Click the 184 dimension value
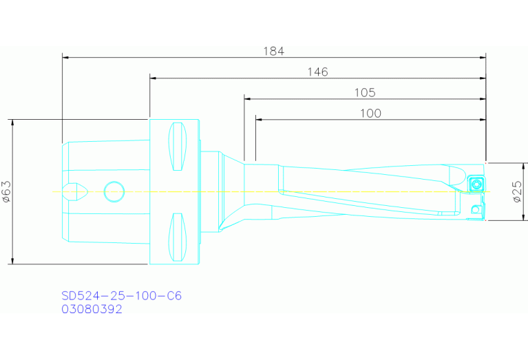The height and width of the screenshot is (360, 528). (273, 51)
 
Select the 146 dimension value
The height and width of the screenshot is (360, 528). (317, 72)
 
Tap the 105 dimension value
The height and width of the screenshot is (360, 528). (364, 92)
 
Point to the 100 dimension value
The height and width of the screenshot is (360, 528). (370, 113)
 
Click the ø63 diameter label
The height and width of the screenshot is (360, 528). (6, 191)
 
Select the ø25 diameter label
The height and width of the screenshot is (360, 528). (517, 192)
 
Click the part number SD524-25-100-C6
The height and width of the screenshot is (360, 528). (121, 296)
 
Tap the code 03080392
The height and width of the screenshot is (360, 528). (92, 310)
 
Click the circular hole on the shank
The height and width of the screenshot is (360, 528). (114, 191)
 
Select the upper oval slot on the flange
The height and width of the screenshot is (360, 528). (178, 146)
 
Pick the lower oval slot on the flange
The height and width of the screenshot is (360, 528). (178, 237)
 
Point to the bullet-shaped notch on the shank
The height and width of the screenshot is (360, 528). (74, 191)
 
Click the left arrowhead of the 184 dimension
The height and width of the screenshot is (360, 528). (65, 57)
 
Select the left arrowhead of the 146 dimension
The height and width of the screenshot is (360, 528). (152, 78)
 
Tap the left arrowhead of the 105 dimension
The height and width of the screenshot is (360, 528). (246, 98)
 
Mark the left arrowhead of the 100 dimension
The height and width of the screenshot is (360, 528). (258, 119)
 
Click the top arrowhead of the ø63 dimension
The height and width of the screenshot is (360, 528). (12, 122)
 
